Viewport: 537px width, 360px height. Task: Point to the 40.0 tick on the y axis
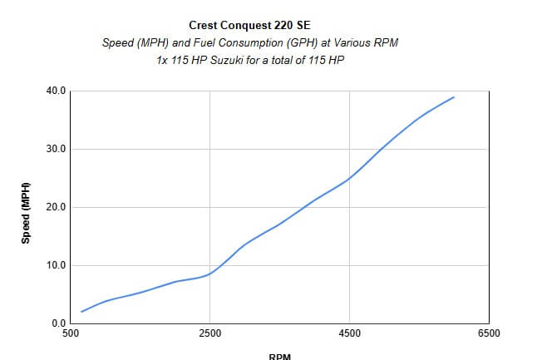56,91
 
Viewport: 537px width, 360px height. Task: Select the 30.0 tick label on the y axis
56,149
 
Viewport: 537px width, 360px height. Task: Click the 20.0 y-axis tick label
56,207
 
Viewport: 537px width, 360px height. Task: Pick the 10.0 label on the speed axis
56,265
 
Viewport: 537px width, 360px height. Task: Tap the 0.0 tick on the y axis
58,323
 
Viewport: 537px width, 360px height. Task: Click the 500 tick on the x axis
71,334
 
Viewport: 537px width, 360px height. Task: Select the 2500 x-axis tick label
210,334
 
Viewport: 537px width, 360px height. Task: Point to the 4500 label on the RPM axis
350,334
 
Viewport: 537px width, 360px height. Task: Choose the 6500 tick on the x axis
489,334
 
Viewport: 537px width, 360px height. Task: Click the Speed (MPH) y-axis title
26,211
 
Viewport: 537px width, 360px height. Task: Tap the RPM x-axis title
279,356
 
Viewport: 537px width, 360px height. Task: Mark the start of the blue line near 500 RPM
81,312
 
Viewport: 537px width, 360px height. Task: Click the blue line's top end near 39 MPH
454,97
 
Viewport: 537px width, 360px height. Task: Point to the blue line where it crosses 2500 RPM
210,274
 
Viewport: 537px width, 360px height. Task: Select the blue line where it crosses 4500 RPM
350,178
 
